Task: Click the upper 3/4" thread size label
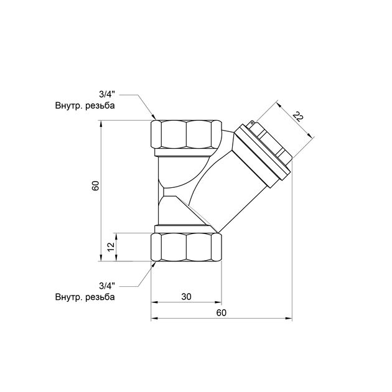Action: coord(107,95)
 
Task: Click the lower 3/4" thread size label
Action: coord(107,284)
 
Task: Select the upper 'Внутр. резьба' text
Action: coord(85,106)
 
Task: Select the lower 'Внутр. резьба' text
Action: coord(85,296)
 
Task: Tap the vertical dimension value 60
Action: coord(95,186)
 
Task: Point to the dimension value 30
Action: coord(186,297)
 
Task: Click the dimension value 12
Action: coord(111,246)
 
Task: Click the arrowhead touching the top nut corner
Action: coord(153,118)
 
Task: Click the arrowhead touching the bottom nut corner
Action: coord(153,264)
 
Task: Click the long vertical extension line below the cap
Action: coord(292,249)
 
